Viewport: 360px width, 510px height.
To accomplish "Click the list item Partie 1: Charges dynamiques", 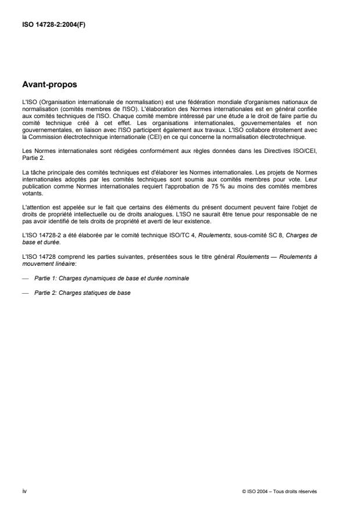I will [111, 279].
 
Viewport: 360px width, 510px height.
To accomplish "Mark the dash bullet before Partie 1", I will [25, 279].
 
